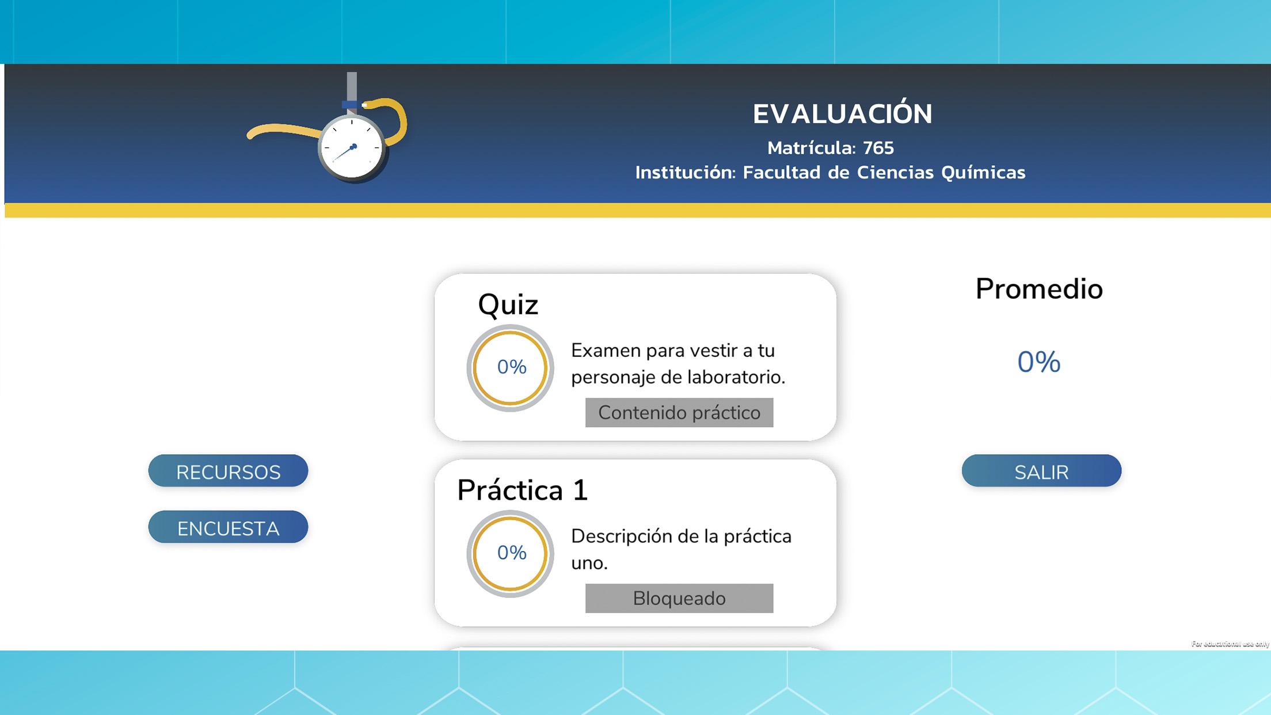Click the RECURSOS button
(228, 471)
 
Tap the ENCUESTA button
(228, 527)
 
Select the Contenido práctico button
(679, 413)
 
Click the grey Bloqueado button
(679, 599)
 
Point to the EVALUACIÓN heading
(842, 113)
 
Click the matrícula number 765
(878, 148)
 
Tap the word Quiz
(508, 305)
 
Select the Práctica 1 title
(522, 490)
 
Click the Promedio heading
(1039, 288)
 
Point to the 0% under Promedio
(1039, 362)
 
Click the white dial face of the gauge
(352, 147)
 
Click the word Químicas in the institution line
(983, 173)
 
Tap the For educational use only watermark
(1230, 644)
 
